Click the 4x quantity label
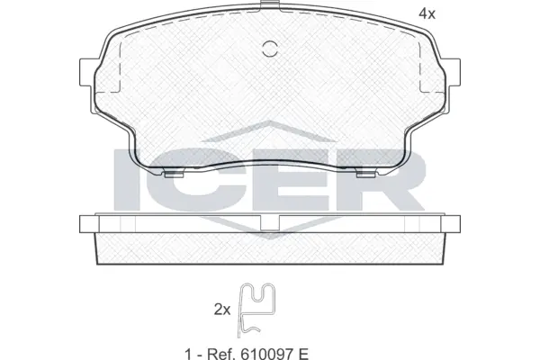click(427, 14)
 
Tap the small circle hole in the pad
click(270, 50)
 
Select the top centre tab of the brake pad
click(270, 10)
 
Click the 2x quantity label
click(222, 310)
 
